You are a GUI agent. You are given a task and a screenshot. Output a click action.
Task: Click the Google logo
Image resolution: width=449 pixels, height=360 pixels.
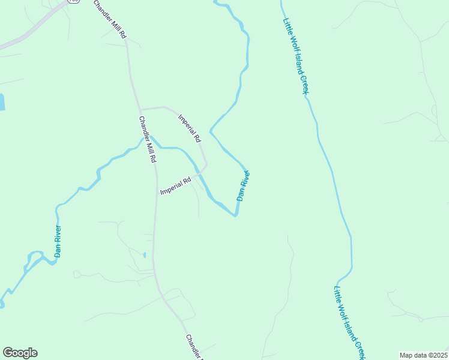pyautogui.click(x=20, y=353)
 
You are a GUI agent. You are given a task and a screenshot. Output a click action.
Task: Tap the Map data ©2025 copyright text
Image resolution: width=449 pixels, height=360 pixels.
pyautogui.click(x=423, y=355)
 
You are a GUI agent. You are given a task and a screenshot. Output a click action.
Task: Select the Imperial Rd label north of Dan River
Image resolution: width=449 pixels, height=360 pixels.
pyautogui.click(x=188, y=128)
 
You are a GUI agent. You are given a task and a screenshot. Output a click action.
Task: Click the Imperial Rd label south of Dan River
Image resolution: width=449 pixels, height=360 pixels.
pyautogui.click(x=175, y=185)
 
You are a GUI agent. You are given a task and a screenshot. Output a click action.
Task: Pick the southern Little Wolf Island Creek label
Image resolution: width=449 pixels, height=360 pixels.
pyautogui.click(x=349, y=321)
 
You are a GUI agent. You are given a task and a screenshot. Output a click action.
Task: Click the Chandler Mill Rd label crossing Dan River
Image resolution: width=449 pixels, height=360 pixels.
pyautogui.click(x=148, y=140)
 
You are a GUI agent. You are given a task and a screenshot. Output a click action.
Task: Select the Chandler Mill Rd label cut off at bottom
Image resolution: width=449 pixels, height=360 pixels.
pyautogui.click(x=195, y=347)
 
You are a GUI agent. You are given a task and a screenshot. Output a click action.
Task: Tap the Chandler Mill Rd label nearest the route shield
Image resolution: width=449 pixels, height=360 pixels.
pyautogui.click(x=110, y=20)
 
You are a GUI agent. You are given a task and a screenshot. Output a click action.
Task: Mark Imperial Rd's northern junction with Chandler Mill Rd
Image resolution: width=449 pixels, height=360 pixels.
pyautogui.click(x=140, y=110)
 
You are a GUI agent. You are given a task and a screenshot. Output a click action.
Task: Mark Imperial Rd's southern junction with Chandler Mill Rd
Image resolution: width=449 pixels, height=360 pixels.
pyautogui.click(x=157, y=194)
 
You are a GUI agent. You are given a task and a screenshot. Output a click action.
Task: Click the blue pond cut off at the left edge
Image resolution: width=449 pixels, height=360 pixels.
pyautogui.click(x=2, y=102)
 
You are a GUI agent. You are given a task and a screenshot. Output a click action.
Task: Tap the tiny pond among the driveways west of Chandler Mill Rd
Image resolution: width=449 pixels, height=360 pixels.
pyautogui.click(x=145, y=255)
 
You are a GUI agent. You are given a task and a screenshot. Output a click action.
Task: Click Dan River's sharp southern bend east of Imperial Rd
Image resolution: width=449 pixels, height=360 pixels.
pyautogui.click(x=235, y=215)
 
